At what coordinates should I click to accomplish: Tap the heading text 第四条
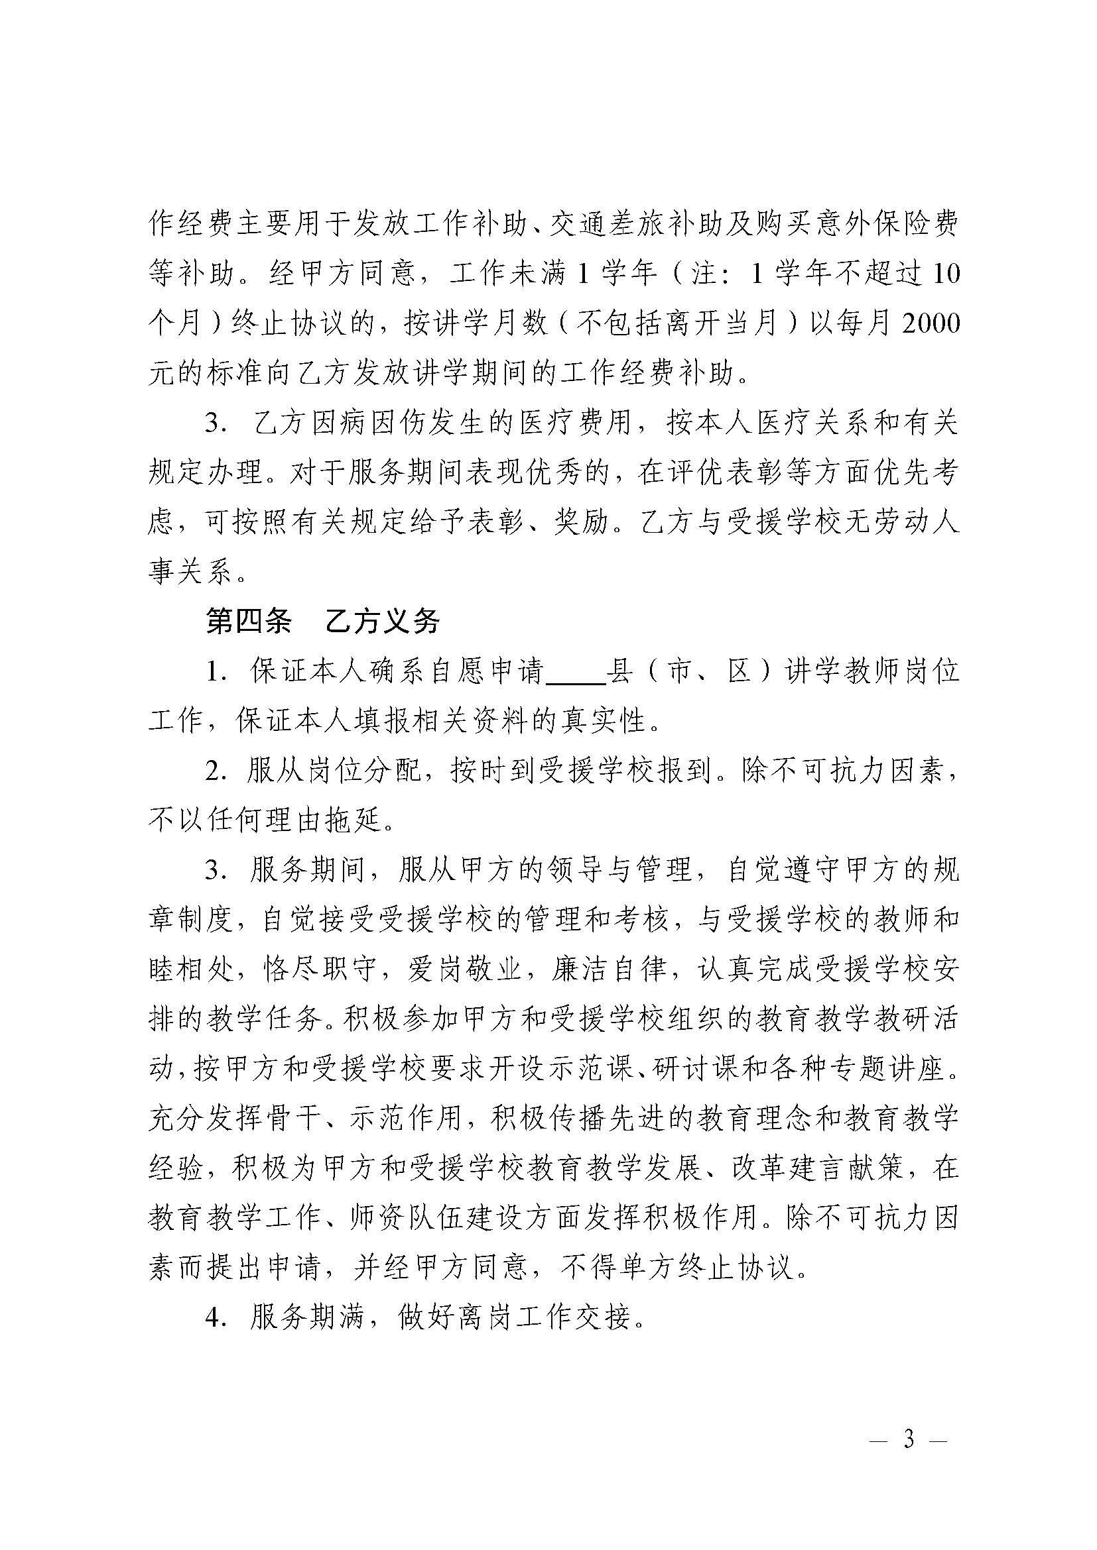tap(248, 622)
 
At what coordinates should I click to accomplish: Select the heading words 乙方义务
tap(382, 622)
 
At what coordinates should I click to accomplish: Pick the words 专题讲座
tap(884, 1070)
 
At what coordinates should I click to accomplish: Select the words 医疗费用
tap(576, 423)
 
